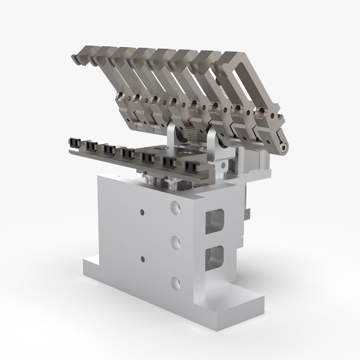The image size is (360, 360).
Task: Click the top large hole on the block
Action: coord(175,208)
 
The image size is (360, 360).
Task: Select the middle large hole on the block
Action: coord(175,242)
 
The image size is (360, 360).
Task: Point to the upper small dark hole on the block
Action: coord(142,212)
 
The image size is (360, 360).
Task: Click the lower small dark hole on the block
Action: coord(142,258)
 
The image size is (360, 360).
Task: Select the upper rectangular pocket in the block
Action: coord(214,223)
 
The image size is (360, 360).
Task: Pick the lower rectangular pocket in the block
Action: coord(214,257)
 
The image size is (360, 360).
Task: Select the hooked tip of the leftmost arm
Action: coord(77,59)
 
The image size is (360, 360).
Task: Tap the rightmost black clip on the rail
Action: coord(193,167)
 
